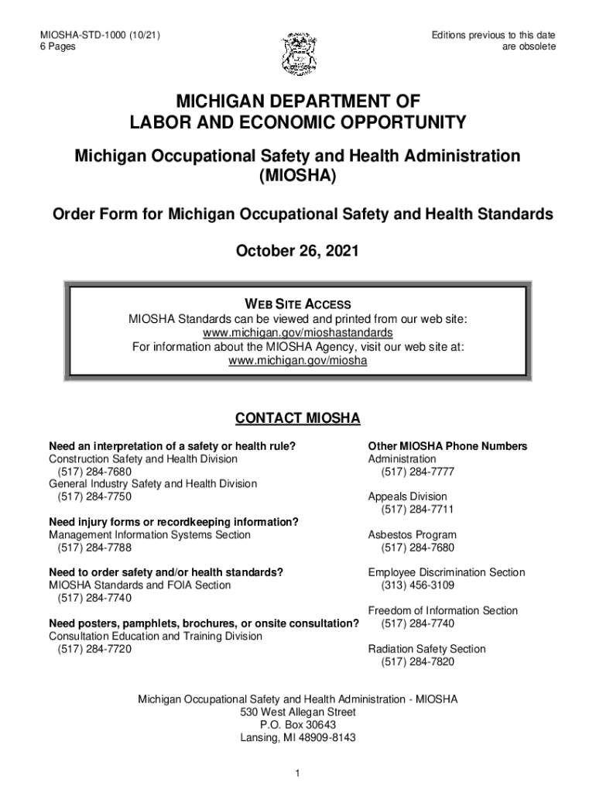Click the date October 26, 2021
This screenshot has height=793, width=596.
pos(297,252)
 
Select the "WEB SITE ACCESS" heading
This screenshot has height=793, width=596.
pos(298,304)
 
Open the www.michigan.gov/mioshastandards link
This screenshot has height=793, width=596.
pos(298,333)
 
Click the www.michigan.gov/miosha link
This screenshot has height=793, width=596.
pos(298,361)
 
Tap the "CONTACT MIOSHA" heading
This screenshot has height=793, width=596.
pos(298,419)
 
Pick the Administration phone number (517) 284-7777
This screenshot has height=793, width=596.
pos(417,472)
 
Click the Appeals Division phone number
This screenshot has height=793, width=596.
pos(417,510)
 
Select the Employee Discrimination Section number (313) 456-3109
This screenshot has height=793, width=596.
pos(417,585)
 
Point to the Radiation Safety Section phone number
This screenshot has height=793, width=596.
pos(417,662)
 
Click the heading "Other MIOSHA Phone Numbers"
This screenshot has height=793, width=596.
pos(447,447)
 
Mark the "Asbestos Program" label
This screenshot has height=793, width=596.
pos(412,535)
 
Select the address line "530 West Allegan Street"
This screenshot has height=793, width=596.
pos(298,712)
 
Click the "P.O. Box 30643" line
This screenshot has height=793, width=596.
pos(298,725)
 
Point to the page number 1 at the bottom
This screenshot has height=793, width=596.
pos(298,773)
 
